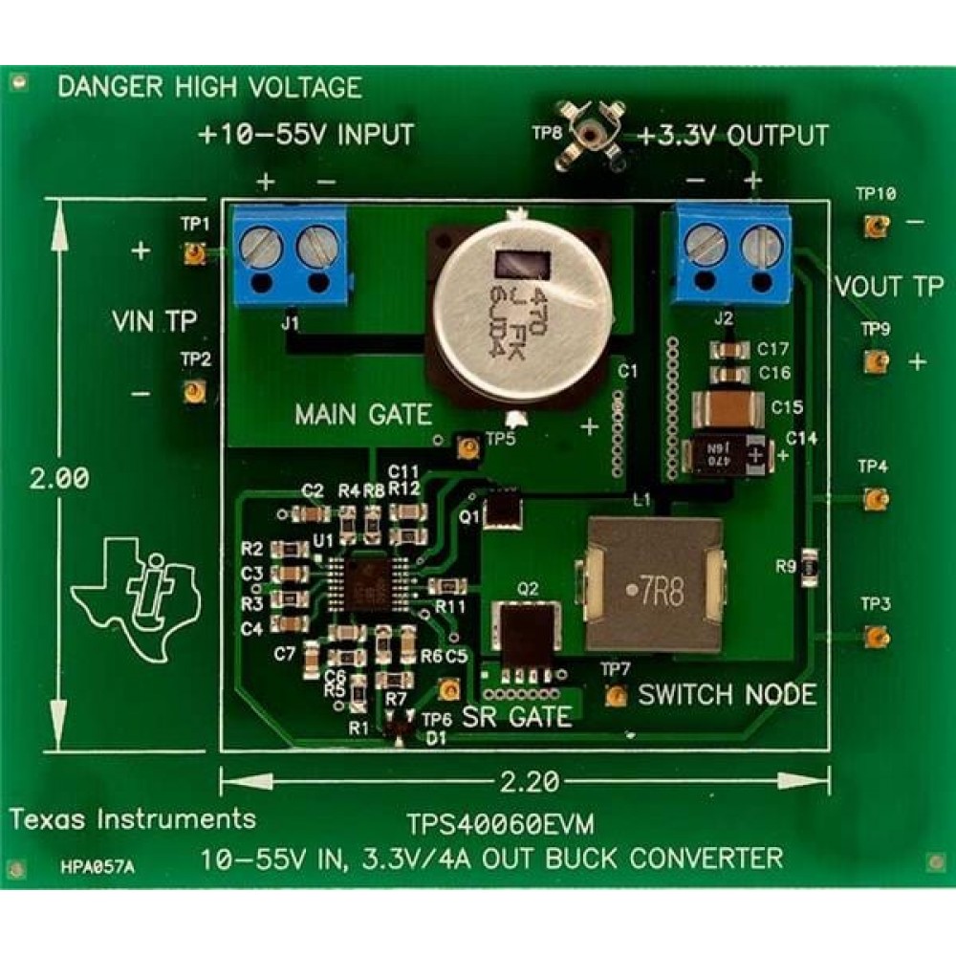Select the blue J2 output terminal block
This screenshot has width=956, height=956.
pos(733,254)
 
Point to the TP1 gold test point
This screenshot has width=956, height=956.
pos(194,253)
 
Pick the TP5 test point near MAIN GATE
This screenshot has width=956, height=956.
pos(468,445)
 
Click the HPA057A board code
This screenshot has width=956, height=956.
pos(96,868)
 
